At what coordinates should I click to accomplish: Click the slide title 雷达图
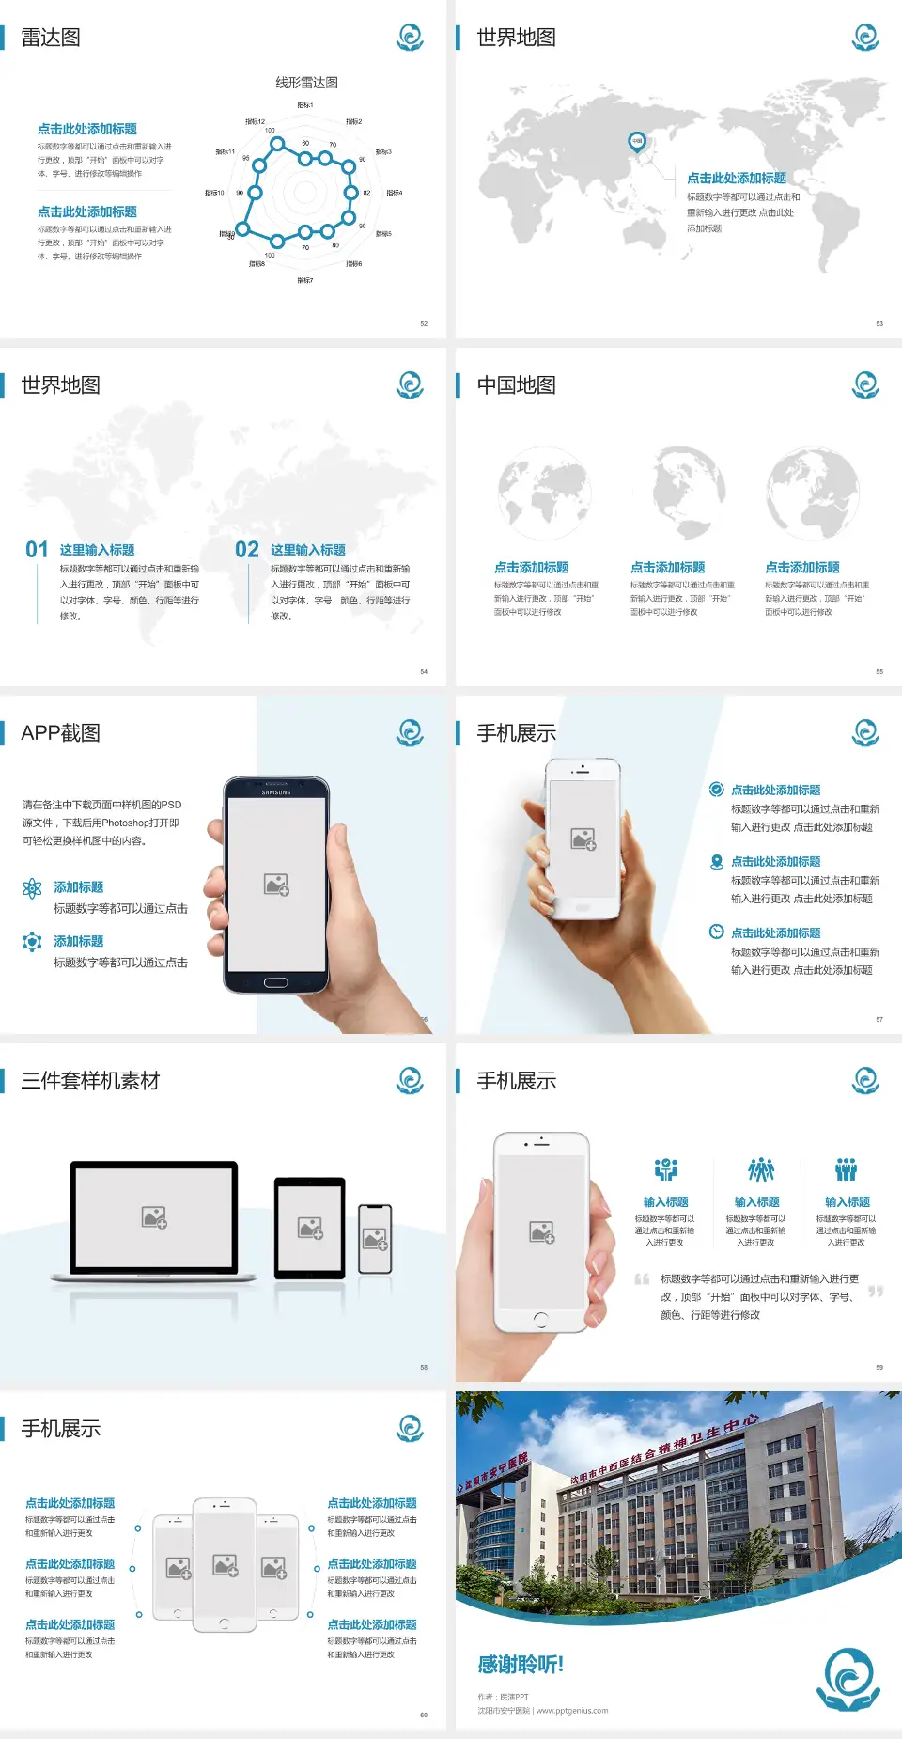[x=51, y=38]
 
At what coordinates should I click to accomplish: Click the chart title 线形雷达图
[x=306, y=83]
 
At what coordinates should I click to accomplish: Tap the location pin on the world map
[x=636, y=142]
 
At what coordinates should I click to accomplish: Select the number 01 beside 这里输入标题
[x=37, y=550]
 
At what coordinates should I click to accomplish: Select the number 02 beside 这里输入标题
[x=247, y=550]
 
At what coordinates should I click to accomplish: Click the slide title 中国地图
[x=516, y=385]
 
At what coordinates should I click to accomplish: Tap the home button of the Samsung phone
[x=275, y=982]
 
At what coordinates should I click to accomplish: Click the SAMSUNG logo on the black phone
[x=276, y=792]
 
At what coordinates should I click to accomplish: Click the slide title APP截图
[x=61, y=733]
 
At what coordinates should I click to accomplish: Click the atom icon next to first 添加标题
[x=32, y=888]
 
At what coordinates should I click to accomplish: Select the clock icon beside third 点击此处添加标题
[x=716, y=932]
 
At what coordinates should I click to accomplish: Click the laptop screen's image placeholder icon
[x=154, y=1217]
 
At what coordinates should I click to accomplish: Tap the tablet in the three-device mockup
[x=310, y=1227]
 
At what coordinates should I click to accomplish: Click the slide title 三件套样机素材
[x=90, y=1081]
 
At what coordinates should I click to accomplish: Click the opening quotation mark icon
[x=642, y=1278]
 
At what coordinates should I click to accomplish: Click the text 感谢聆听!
[x=520, y=1665]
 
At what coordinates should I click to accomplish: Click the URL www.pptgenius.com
[x=572, y=1711]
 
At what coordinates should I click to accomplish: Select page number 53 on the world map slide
[x=879, y=323]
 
